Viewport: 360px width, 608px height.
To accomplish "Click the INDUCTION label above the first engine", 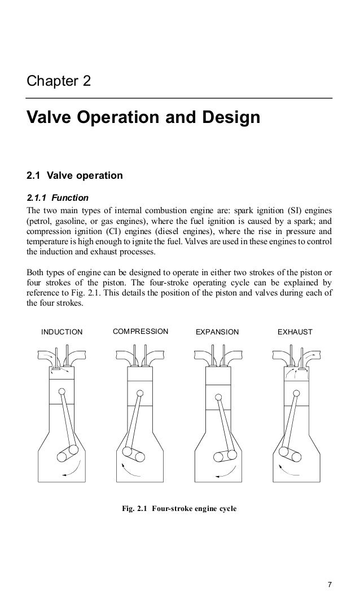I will (x=62, y=332).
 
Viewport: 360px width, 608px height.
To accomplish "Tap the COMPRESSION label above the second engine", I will (x=141, y=331).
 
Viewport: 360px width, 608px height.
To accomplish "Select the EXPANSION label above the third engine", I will (x=217, y=332).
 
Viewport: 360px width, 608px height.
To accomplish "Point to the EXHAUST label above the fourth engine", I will (x=295, y=332).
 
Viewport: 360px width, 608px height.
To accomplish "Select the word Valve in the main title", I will (x=50, y=118).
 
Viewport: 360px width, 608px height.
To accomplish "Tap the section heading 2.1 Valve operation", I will (x=74, y=175).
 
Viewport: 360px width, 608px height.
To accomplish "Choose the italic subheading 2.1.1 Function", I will (x=55, y=198).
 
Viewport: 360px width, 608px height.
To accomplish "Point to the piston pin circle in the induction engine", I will (x=61, y=391).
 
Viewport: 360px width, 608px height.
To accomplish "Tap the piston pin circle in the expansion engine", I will (x=217, y=396).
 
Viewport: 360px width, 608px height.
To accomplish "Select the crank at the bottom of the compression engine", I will (x=133, y=452).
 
